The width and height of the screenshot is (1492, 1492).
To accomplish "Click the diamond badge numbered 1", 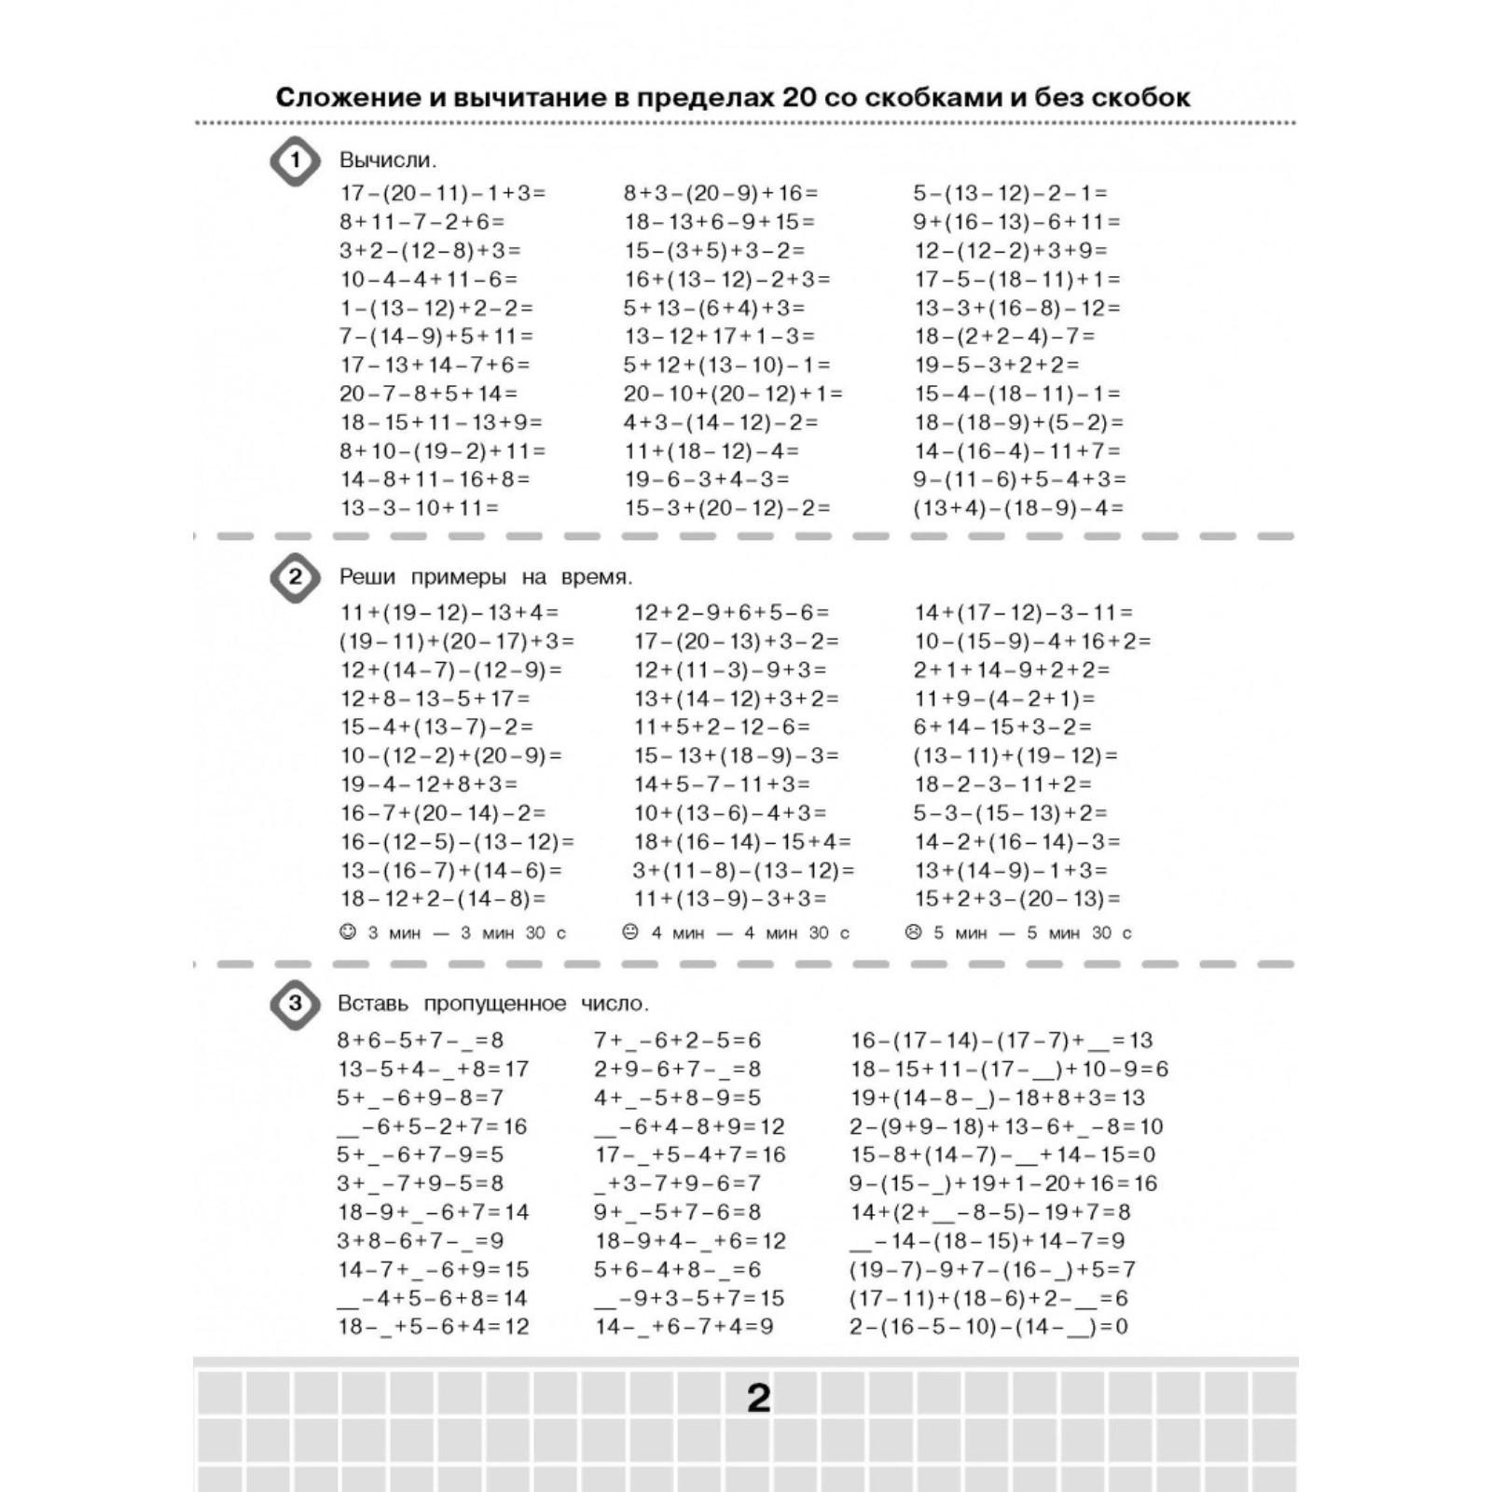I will click(295, 161).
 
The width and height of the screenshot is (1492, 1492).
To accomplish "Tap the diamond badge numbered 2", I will click(295, 577).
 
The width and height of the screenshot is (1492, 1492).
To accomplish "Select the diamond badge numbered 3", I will click(295, 1004).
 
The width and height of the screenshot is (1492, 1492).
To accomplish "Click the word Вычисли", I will click(388, 160).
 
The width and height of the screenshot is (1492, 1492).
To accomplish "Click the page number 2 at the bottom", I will click(759, 1399).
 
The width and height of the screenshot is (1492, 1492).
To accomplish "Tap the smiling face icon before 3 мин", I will click(348, 932).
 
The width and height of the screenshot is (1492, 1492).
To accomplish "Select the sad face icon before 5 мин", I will click(913, 932).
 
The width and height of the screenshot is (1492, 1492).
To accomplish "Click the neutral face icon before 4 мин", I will click(630, 932).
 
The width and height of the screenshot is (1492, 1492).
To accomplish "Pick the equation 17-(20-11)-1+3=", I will click(443, 193).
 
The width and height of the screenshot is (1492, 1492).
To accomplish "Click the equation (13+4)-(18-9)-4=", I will click(1018, 508).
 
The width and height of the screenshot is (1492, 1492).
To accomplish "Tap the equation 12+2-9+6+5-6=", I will click(732, 613).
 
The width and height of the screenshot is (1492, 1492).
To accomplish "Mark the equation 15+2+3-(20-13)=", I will click(1017, 899).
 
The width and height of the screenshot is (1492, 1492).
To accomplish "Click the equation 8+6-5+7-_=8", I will click(421, 1041).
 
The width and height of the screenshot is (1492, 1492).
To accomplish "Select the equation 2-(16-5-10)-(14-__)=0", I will click(988, 1327).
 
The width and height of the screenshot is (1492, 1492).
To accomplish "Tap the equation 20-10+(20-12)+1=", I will click(733, 394).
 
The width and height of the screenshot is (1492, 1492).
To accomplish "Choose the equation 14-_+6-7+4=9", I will click(684, 1327).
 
